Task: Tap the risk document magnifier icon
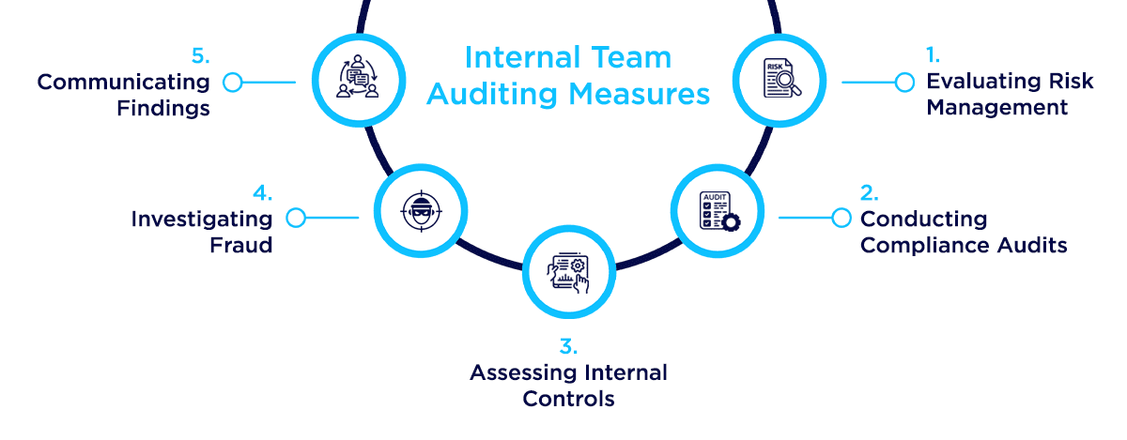tap(778, 80)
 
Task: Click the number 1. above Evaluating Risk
tap(934, 55)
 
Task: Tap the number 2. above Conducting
tap(869, 193)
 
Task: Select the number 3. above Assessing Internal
tap(567, 347)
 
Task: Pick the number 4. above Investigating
tap(262, 193)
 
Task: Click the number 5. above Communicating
tap(200, 55)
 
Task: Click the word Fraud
tap(241, 245)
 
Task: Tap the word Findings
tap(163, 108)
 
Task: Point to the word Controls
tap(568, 399)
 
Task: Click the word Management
tap(996, 108)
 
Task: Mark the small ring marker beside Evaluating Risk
tap(904, 83)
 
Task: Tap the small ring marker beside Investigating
tap(295, 219)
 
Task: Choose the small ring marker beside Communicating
tap(233, 83)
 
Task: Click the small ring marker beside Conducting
tap(841, 219)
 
